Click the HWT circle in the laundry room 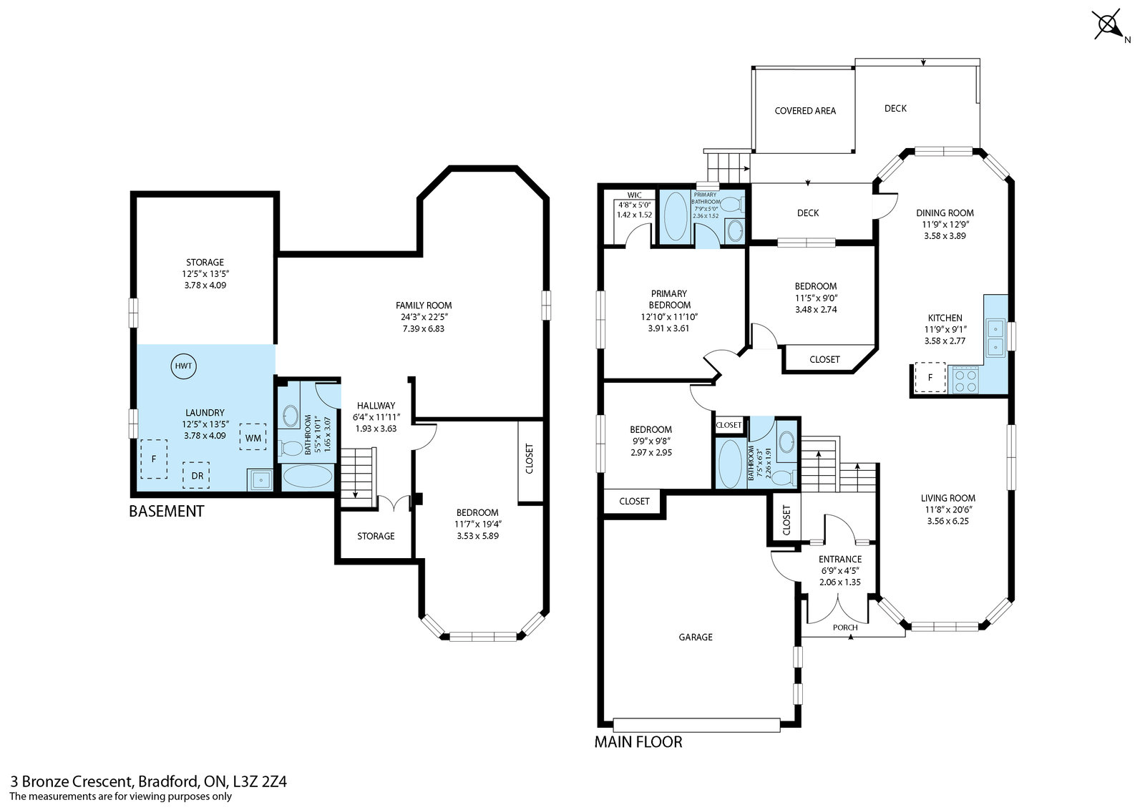point(183,366)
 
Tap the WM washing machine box point(253,437)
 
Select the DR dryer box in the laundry point(196,475)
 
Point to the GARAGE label point(696,637)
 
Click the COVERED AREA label point(805,110)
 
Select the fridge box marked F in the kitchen point(930,377)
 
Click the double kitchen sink point(995,337)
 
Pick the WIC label point(634,195)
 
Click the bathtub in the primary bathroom point(676,216)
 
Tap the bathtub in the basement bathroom point(307,477)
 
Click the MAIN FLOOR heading point(638,741)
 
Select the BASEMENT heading point(167,511)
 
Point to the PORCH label point(845,627)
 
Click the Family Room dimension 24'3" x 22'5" point(424,317)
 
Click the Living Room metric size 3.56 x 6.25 point(948,521)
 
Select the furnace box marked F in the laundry point(154,459)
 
